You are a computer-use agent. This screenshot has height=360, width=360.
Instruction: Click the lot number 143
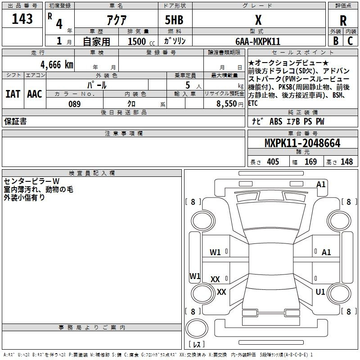(22, 18)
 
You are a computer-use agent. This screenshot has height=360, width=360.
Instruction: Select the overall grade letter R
(343, 20)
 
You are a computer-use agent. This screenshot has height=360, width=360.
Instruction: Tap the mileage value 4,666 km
(57, 64)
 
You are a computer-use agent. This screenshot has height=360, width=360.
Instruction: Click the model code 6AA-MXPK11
(258, 41)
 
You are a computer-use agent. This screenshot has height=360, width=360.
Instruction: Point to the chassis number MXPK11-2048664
(302, 143)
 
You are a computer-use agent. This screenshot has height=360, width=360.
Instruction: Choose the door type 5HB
(174, 20)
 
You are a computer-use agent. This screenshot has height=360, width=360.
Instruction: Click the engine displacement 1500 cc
(141, 41)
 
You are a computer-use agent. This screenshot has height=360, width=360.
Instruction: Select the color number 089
(75, 104)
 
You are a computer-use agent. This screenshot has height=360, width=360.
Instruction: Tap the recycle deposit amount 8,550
(226, 103)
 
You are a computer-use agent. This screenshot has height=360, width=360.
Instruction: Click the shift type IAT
(13, 94)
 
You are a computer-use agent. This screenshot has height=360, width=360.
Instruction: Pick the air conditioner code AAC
(35, 94)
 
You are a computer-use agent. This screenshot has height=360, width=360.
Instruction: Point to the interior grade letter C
(350, 41)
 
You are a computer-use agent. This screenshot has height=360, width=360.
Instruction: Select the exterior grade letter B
(336, 41)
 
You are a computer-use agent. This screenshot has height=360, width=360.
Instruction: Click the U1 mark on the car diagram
(320, 292)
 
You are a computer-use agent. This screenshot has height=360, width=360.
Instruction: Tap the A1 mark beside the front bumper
(321, 184)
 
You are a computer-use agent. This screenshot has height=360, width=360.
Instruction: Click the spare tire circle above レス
(197, 328)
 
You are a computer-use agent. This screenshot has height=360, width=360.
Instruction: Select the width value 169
(310, 162)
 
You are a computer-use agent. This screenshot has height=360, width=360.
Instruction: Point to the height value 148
(346, 162)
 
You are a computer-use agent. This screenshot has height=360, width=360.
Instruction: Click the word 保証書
(15, 121)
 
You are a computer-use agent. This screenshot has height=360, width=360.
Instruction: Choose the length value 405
(273, 162)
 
